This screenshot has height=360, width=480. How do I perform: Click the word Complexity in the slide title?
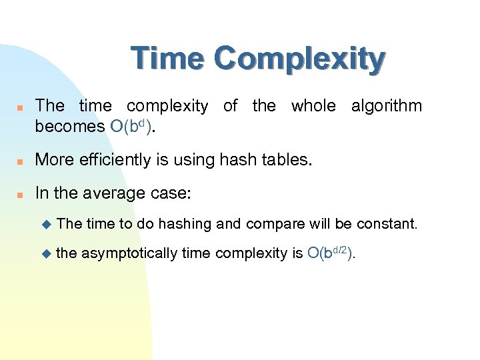300,60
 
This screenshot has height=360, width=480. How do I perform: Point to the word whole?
313,106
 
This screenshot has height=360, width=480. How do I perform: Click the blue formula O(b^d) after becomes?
131,127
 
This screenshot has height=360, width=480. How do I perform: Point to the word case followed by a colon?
172,194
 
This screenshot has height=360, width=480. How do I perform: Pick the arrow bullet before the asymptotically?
45,253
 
